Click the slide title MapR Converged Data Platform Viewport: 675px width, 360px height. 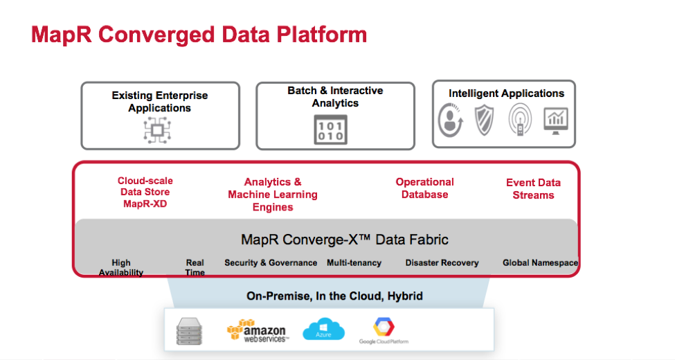[199, 35]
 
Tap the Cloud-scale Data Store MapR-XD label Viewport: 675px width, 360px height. [145, 192]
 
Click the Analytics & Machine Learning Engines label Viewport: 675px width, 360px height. [273, 194]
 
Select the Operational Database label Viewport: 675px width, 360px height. [424, 188]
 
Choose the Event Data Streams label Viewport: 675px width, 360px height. [533, 188]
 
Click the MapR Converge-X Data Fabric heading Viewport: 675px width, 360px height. [345, 240]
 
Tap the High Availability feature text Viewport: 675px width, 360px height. [121, 268]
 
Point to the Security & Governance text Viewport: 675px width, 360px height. [271, 263]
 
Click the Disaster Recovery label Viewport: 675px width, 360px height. [442, 263]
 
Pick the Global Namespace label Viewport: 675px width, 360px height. [540, 263]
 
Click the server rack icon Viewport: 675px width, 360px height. [190, 331]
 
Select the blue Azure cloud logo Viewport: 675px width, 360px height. [323, 330]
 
